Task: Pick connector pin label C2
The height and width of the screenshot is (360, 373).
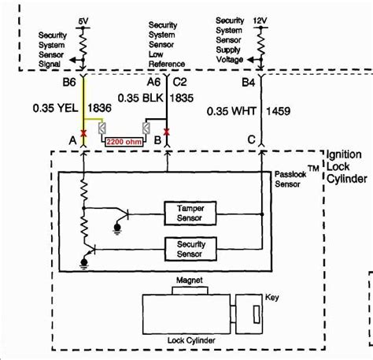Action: [179, 81]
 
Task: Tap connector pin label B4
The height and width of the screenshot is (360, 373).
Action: [247, 81]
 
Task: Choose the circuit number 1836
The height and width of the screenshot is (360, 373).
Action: [103, 104]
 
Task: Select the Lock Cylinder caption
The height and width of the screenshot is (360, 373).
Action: [190, 340]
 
